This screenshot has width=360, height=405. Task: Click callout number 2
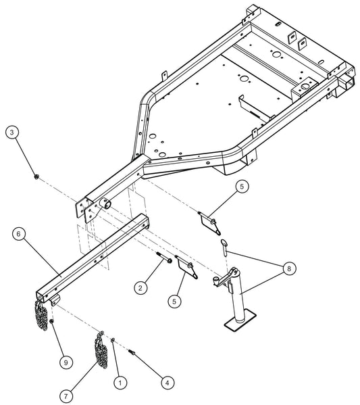tap(140, 288)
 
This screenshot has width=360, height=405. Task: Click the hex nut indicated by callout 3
tap(36, 176)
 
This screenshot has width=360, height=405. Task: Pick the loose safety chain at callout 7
tap(100, 351)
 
